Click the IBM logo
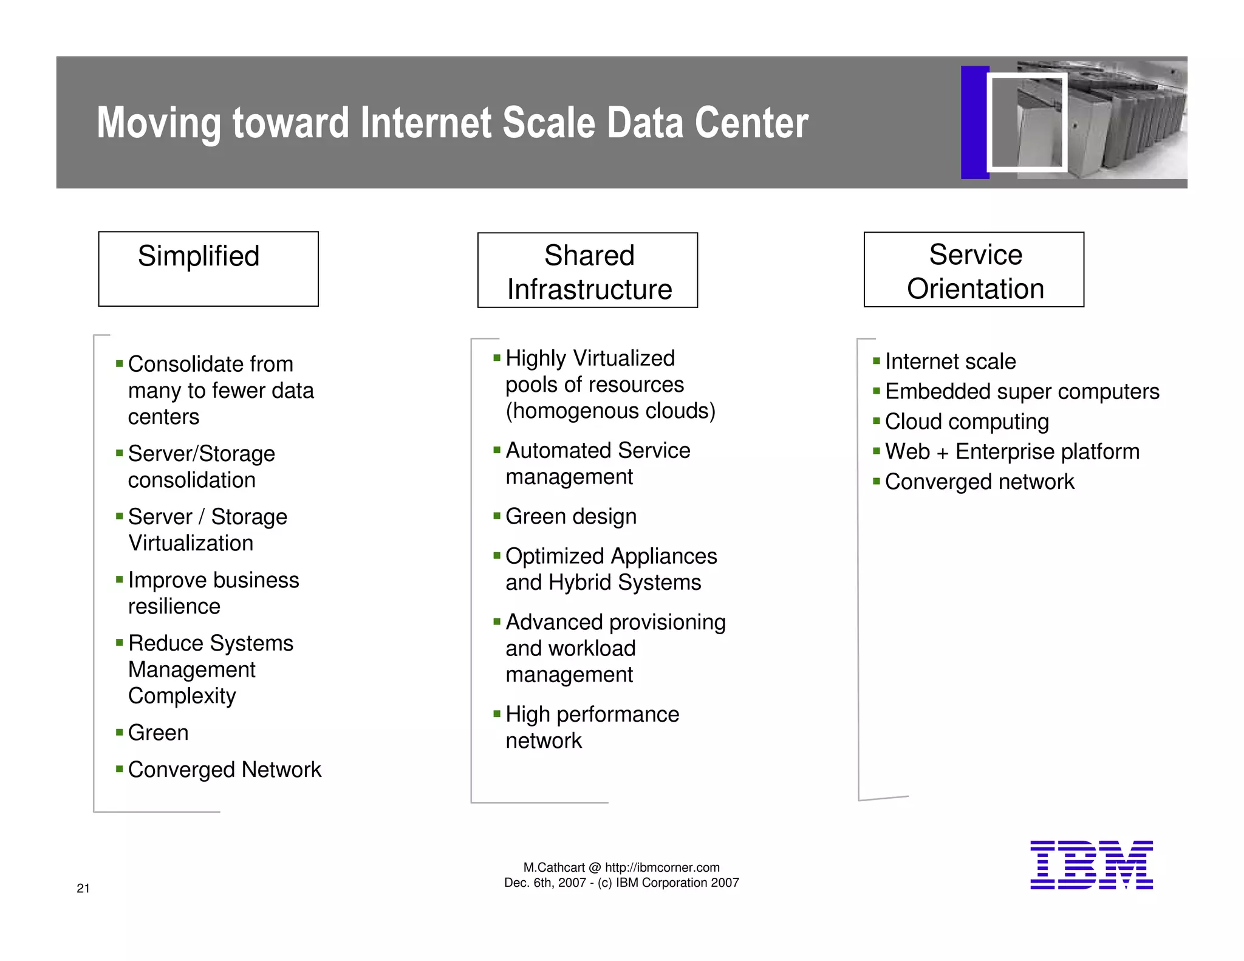pyautogui.click(x=1091, y=865)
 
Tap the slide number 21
pyautogui.click(x=83, y=888)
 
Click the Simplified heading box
pyautogui.click(x=208, y=268)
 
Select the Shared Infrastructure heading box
pyautogui.click(x=587, y=270)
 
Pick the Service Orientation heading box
pyautogui.click(x=974, y=270)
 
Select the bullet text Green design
pyautogui.click(x=571, y=516)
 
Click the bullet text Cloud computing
pyautogui.click(x=966, y=422)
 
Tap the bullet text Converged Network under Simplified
pyautogui.click(x=224, y=770)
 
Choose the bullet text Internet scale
pyautogui.click(x=950, y=361)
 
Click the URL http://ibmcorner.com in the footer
pyautogui.click(x=662, y=867)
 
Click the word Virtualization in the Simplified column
pyautogui.click(x=191, y=543)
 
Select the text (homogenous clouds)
pyautogui.click(x=610, y=411)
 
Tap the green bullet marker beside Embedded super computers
pyautogui.click(x=877, y=391)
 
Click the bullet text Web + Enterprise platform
pyautogui.click(x=1012, y=452)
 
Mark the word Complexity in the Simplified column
pyautogui.click(x=182, y=696)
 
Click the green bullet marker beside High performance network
pyautogui.click(x=497, y=713)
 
